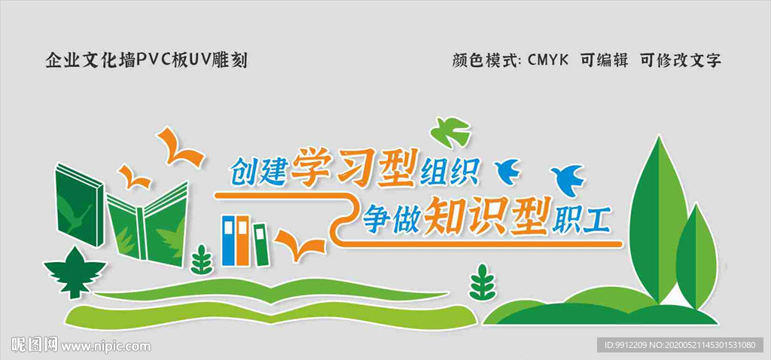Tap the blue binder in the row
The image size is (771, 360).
pyautogui.click(x=229, y=240)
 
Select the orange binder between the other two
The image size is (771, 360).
pyautogui.click(x=243, y=240)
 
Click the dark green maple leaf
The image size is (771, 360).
pyautogui.click(x=74, y=270)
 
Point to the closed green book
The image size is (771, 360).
pyautogui.click(x=78, y=205)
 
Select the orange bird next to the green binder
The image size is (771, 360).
pyautogui.click(x=299, y=244)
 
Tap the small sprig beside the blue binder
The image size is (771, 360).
pyautogui.click(x=201, y=260)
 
